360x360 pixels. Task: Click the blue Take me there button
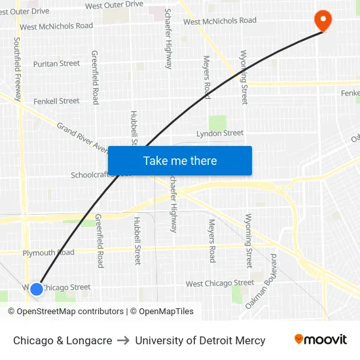pos(179,160)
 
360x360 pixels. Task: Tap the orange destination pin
pos(323,20)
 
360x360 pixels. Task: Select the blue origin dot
pos(37,288)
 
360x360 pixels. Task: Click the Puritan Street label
pos(56,63)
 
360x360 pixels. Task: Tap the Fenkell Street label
pos(56,101)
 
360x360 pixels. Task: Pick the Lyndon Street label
pos(220,133)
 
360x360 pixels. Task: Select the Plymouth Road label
pos(48,253)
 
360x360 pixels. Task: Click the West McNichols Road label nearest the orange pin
pos(220,21)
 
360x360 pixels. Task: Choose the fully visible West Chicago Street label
pos(220,283)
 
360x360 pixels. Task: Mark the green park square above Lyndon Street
pos(217,122)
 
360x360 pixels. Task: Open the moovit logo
pos(321,339)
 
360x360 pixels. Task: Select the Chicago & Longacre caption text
pos(62,340)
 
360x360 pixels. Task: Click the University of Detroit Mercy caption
pos(200,340)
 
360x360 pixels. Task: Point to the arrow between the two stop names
pos(123,340)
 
